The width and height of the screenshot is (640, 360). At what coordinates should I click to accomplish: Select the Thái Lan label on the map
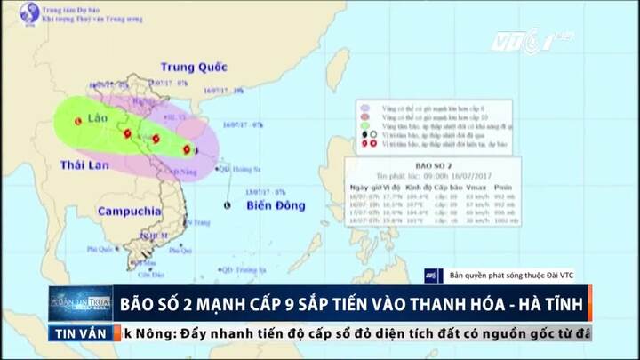click(84, 165)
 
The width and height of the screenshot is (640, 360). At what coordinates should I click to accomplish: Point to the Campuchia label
click(129, 212)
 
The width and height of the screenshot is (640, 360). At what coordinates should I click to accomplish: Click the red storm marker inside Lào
click(78, 121)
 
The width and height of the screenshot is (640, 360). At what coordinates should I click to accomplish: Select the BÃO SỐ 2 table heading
click(434, 165)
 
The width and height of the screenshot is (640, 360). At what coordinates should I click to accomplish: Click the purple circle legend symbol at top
click(363, 104)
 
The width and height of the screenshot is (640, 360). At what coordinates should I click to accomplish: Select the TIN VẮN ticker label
click(82, 333)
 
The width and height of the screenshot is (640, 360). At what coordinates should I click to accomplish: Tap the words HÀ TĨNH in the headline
click(552, 302)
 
